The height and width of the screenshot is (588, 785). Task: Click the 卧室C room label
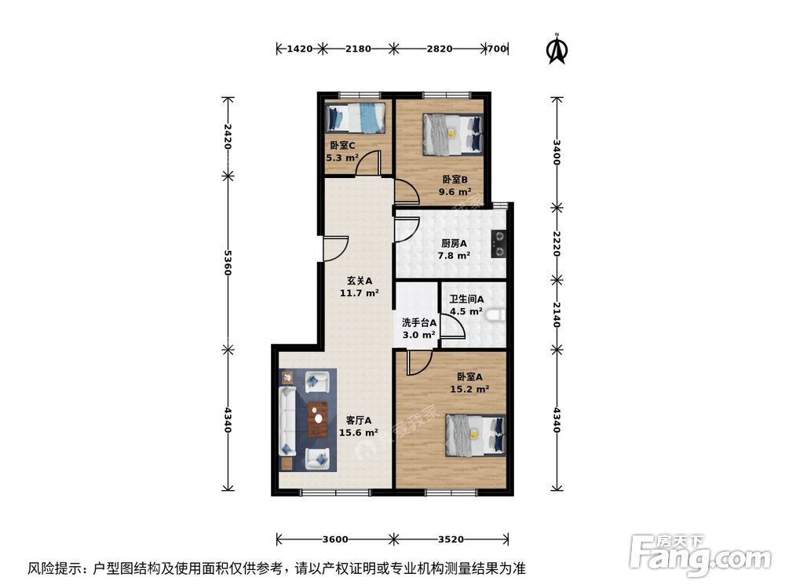pyautogui.click(x=342, y=146)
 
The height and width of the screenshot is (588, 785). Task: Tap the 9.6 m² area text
pyautogui.click(x=456, y=191)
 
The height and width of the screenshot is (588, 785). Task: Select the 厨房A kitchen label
pyautogui.click(x=455, y=243)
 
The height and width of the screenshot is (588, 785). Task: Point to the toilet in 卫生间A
pyautogui.click(x=494, y=316)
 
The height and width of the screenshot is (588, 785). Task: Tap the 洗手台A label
pyautogui.click(x=418, y=322)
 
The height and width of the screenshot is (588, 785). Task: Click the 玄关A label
pyautogui.click(x=359, y=281)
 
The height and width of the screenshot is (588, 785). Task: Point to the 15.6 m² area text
pyautogui.click(x=358, y=432)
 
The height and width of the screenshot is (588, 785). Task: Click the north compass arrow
pyautogui.click(x=557, y=49)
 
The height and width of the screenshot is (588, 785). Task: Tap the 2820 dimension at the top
pyautogui.click(x=439, y=49)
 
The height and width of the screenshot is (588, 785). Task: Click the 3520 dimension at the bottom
pyautogui.click(x=451, y=539)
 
